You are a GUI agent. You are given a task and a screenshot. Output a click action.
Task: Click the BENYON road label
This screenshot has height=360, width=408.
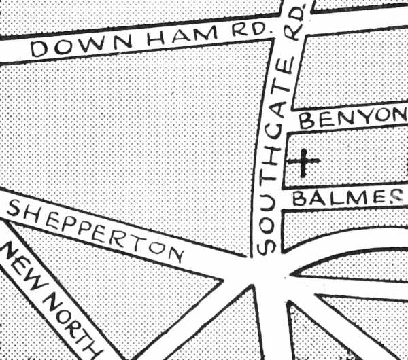point(352,118)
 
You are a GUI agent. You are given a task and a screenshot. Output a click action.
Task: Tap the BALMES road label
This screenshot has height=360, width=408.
point(347,198)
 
